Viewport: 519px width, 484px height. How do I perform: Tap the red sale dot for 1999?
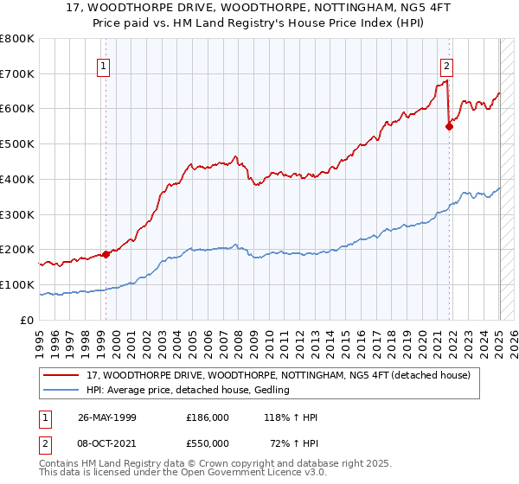pos(106,254)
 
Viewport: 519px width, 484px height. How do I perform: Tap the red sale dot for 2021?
pos(449,126)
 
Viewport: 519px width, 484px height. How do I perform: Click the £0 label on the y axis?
pos(28,320)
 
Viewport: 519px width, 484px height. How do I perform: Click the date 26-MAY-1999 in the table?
pos(107,417)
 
